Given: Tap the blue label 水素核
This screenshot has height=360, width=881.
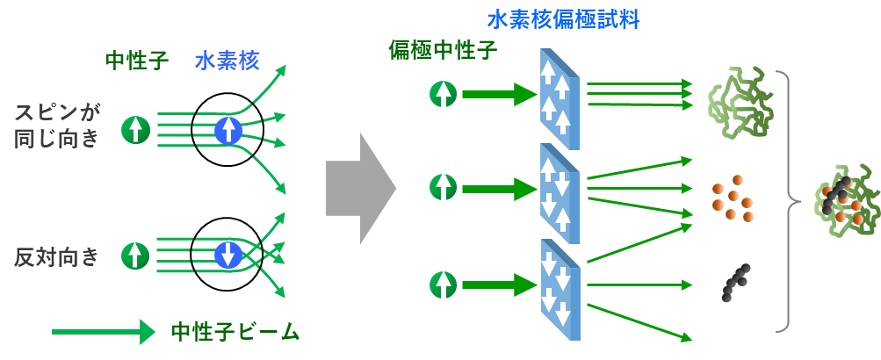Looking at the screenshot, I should pos(227,61).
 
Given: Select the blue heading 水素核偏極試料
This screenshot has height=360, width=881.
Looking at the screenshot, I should pos(563,18).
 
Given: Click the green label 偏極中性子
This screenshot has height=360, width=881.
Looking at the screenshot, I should pos(443,50).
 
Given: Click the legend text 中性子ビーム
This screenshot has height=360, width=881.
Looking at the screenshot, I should pos(235,332).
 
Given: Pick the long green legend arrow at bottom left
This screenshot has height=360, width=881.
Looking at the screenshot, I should pos(104,332).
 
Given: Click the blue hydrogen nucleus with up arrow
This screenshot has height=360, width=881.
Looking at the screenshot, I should pos(228,130).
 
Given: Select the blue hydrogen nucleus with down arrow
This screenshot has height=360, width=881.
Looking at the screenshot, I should pos(228,255).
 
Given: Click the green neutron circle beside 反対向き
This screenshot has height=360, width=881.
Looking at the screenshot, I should pos(134,255).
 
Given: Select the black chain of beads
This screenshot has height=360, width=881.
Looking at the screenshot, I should pos(735,281).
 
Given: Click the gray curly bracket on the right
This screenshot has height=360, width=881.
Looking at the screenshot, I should pos(787,202).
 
